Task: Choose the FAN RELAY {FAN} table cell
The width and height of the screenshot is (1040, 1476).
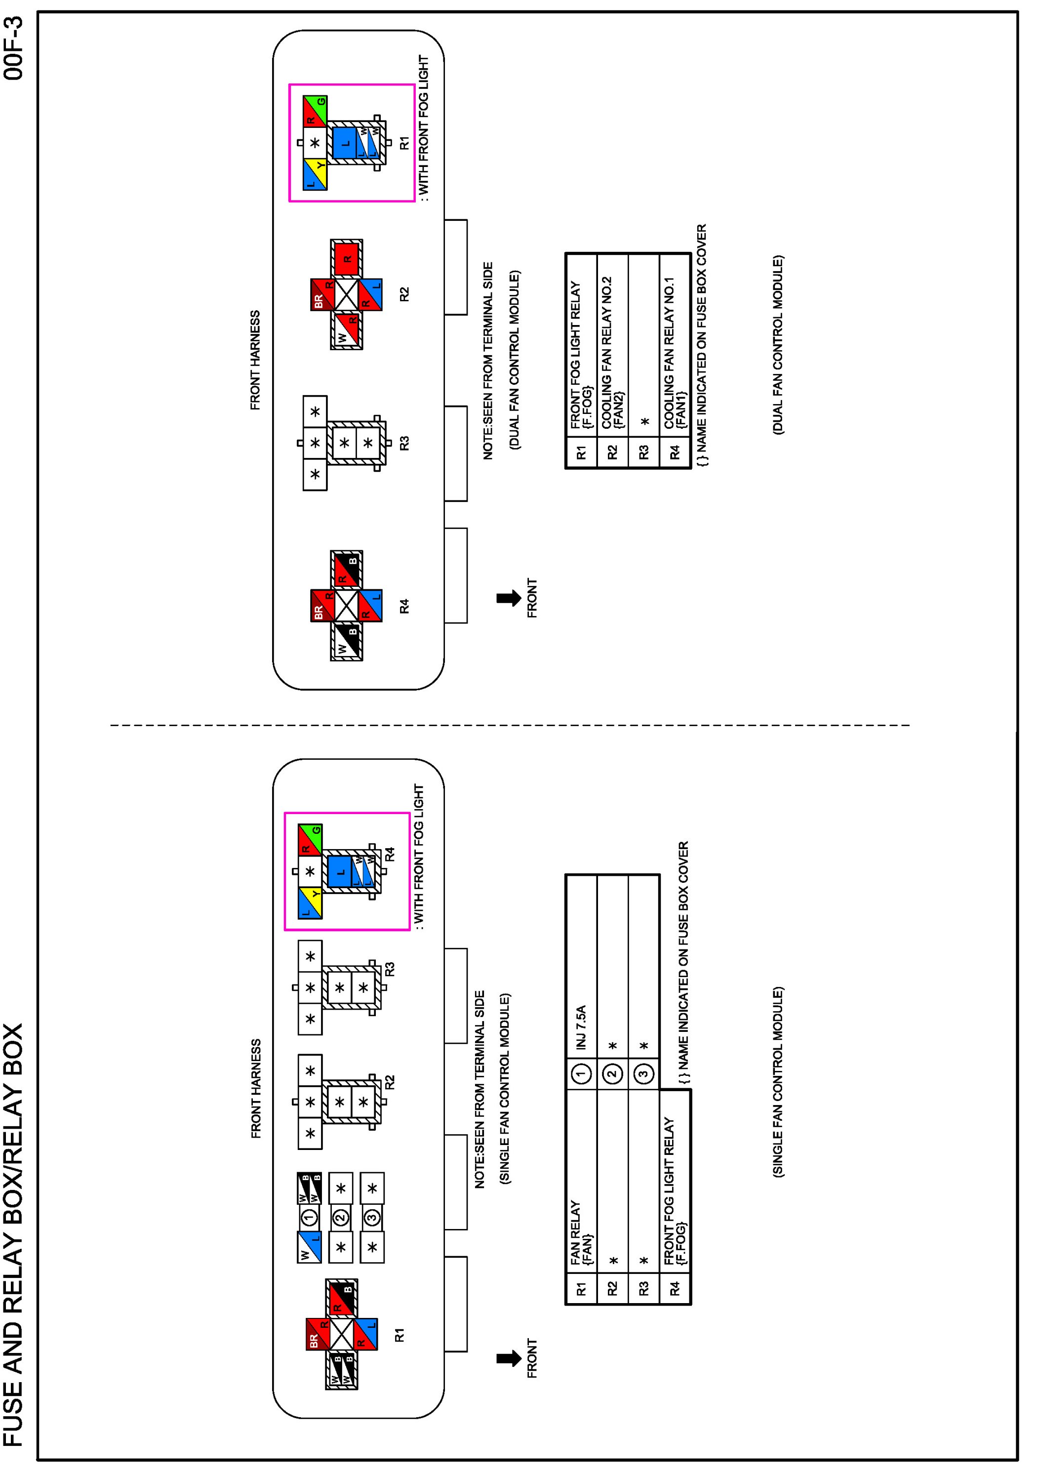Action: (582, 1234)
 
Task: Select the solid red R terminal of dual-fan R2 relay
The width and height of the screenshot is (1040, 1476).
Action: (347, 258)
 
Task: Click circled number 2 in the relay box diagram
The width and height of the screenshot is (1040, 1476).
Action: (341, 1217)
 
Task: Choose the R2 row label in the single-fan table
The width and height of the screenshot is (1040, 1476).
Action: (612, 1288)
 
